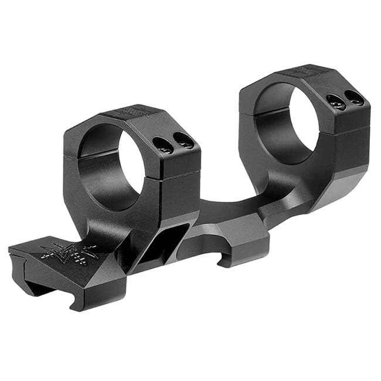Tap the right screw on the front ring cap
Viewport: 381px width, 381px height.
[184, 140]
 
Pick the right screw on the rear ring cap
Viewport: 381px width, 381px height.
[353, 97]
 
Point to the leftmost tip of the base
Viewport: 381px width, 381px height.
[10, 252]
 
